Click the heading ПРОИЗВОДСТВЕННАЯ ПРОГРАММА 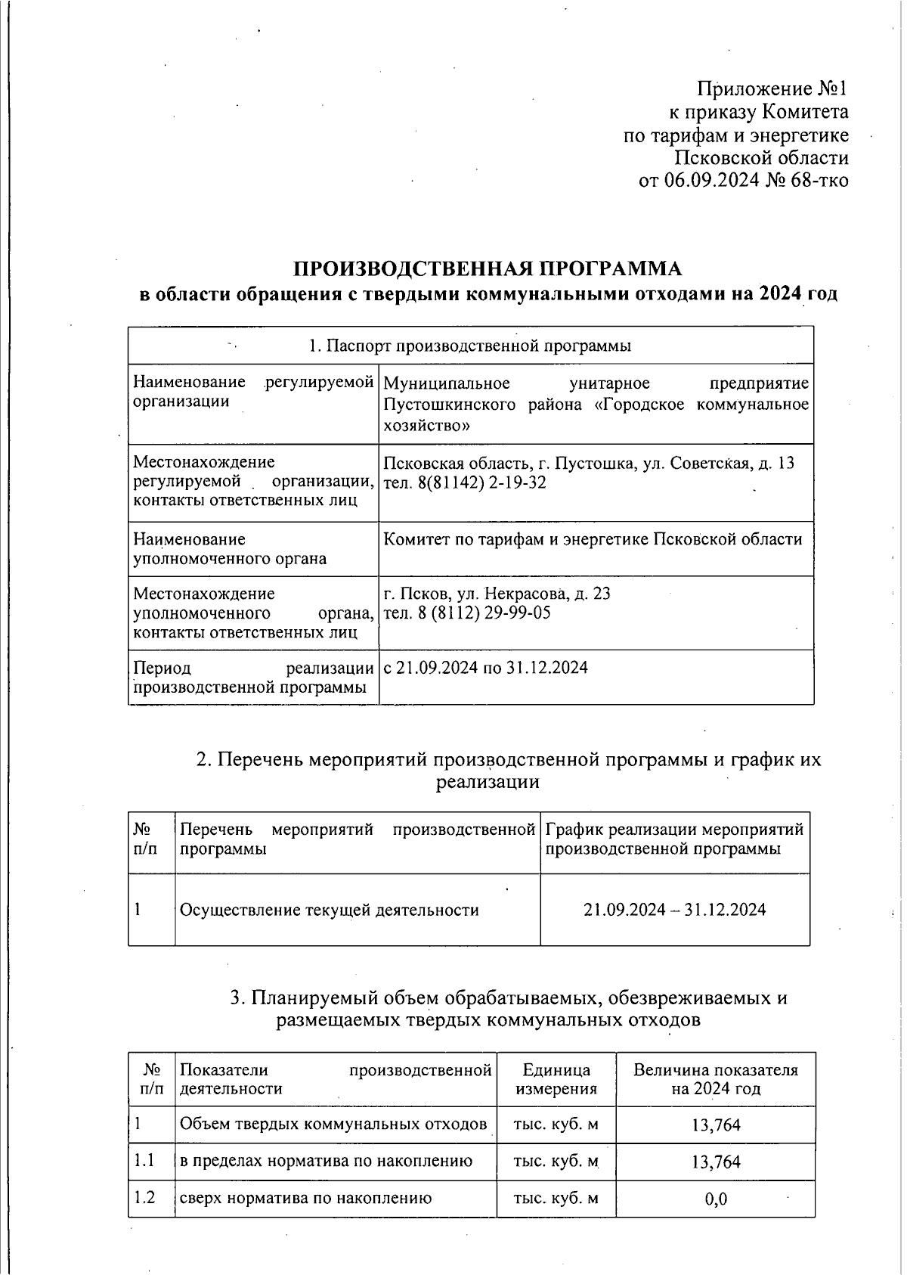pos(487,269)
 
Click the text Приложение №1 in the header pos(772,89)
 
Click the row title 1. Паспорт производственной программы pos(470,346)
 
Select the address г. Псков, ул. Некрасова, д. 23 pos(497,594)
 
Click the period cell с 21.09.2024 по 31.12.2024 pos(485,668)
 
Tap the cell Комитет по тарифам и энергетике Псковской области pos(593,539)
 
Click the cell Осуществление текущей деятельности pos(329,910)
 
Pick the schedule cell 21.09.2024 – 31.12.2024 pos(674,910)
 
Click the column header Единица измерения pos(556,1079)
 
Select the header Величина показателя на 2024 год pos(715,1079)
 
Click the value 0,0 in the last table pos(715,1199)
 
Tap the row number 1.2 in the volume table pos(144,1198)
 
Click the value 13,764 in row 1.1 pos(715,1162)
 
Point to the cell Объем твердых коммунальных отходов pos(333,1125)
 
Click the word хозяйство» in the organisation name pos(427,426)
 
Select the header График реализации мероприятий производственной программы pos(674,839)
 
